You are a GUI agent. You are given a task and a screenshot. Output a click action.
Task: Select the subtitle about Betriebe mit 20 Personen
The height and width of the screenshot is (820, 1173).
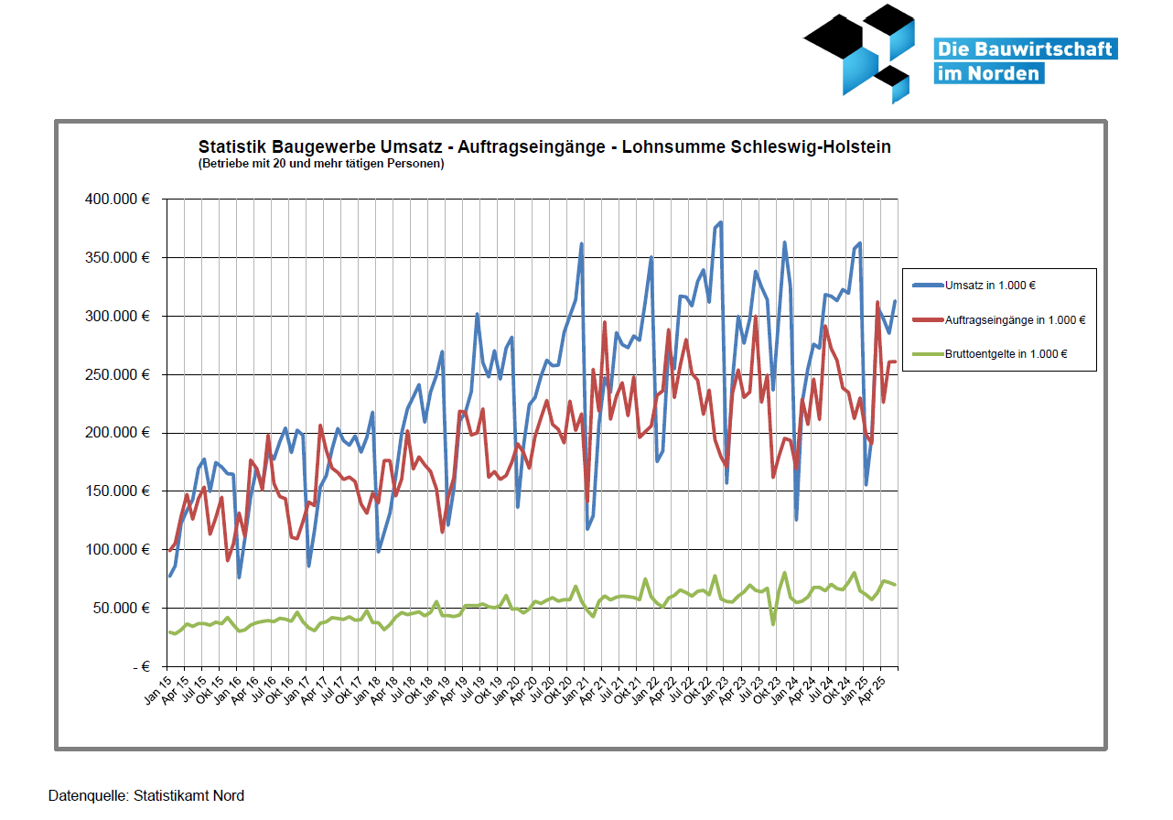[x=321, y=164]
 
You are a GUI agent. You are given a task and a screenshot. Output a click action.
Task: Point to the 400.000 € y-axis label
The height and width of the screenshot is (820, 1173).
[x=116, y=199]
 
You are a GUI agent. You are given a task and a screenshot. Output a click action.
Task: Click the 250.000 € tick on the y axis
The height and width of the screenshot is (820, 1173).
[x=116, y=374]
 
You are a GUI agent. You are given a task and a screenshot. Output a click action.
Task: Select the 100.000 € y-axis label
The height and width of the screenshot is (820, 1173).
[x=116, y=549]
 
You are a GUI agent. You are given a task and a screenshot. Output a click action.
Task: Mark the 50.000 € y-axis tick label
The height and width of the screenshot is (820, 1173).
[x=120, y=608]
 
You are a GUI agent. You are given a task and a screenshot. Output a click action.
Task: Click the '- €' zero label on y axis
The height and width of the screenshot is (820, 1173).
[x=138, y=666]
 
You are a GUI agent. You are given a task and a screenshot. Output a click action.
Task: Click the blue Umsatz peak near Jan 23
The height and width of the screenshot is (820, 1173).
[x=721, y=221]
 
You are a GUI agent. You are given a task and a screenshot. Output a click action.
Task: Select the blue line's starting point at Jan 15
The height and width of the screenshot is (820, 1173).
[x=170, y=576]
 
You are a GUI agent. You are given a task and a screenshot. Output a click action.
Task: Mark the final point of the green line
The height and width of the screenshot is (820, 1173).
[x=895, y=585]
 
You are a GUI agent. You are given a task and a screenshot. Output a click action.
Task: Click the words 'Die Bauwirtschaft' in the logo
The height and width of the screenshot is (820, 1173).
[x=1025, y=49]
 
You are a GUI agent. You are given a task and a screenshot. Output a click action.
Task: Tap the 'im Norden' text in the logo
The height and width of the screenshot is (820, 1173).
[x=988, y=73]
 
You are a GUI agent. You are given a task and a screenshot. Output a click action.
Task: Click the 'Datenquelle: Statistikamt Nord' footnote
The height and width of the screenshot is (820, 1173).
[x=146, y=795]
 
